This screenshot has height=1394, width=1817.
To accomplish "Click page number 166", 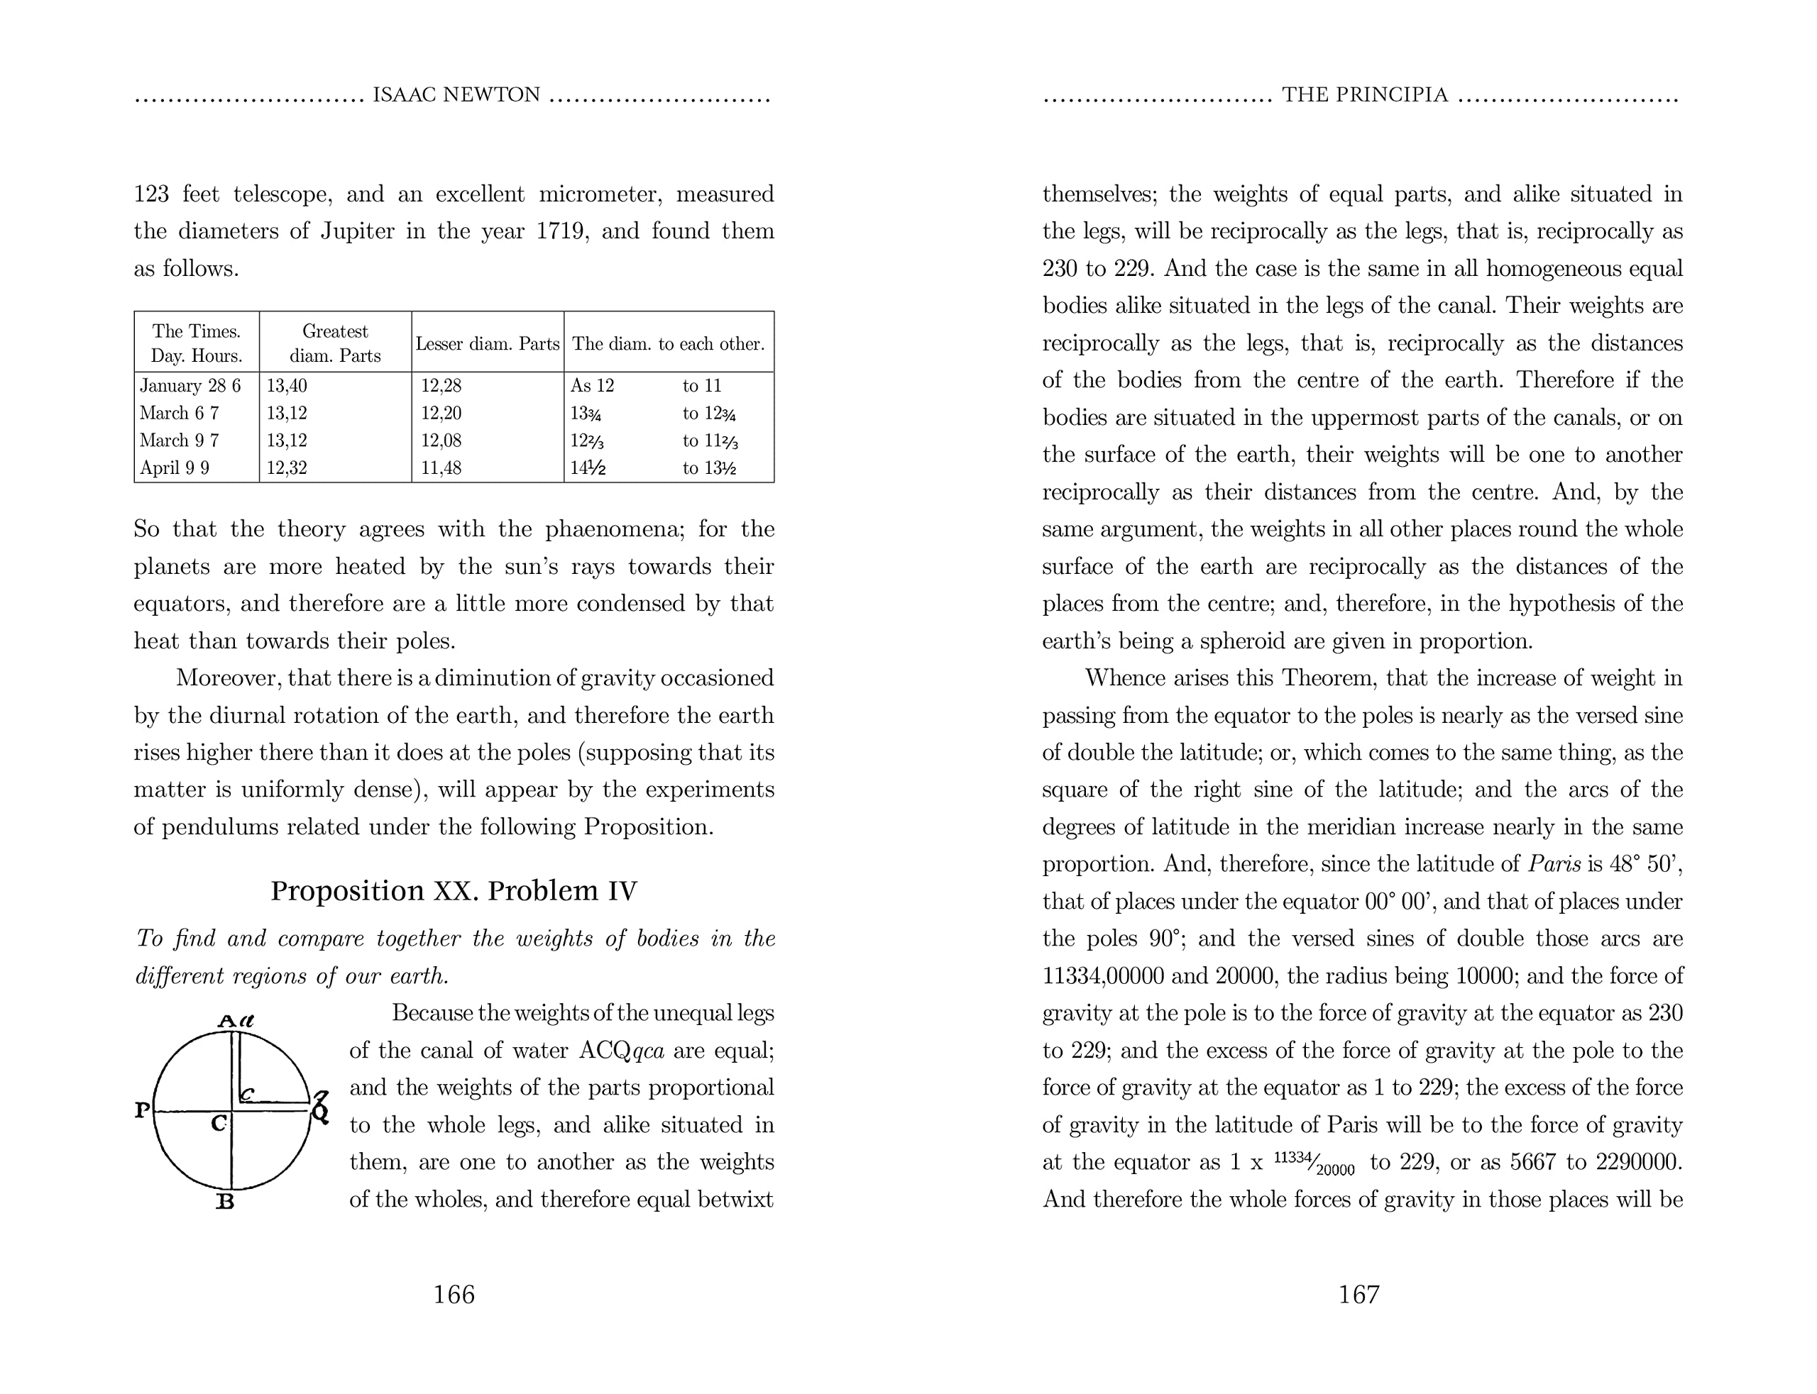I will coord(454,1295).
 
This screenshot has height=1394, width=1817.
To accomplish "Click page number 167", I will coord(1358,1295).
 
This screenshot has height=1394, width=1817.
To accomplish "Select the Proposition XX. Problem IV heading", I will coord(454,890).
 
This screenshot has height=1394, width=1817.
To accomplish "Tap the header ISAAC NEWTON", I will coord(456,96).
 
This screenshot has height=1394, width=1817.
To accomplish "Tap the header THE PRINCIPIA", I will coord(1365,96).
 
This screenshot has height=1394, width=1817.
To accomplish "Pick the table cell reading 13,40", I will coord(287,386).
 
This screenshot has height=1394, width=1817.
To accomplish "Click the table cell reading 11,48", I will coord(441,468).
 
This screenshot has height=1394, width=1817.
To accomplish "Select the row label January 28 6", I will coord(190,386).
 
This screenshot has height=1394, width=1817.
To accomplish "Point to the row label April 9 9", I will coord(175,468).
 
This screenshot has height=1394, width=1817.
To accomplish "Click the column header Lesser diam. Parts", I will coord(487,343).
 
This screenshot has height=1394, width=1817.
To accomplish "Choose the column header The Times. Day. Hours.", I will coord(197,343).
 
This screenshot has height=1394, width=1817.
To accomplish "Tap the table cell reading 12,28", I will coord(441,386).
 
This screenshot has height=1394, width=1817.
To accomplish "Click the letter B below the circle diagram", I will coord(225,1202).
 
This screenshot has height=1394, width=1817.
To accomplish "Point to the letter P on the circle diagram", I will coord(142,1110).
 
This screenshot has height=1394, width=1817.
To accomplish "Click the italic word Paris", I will coord(1554,865).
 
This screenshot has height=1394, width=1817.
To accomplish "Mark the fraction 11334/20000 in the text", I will coord(1314,1162).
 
